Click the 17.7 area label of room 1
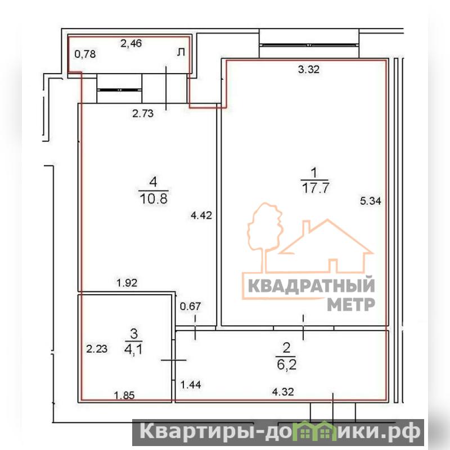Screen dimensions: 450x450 pos(316,188)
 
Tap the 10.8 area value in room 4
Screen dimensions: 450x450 pos(154,199)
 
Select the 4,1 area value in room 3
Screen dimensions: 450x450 pos(133,350)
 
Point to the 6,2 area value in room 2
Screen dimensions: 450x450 pos(286,364)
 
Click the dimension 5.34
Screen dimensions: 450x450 pos(371,201)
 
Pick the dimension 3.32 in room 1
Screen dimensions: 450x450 pos(308,69)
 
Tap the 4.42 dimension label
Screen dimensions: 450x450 pos(201,215)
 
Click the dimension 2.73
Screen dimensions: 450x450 pos(143,114)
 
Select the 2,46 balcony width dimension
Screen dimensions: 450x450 pos(131,43)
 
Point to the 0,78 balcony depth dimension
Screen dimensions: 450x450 pos(85,54)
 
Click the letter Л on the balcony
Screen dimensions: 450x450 pos(181,52)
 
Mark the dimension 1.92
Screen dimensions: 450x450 pos(127,283)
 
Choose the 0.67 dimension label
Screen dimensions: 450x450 pos(190,306)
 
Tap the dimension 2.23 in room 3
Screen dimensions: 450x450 pos(97,349)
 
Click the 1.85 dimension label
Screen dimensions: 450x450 pos(124,395)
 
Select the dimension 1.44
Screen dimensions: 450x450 pos(191,385)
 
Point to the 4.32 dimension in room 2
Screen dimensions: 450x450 pos(283,391)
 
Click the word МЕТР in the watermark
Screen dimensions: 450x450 pos(351,304)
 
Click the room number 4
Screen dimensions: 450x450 pos(153,182)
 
